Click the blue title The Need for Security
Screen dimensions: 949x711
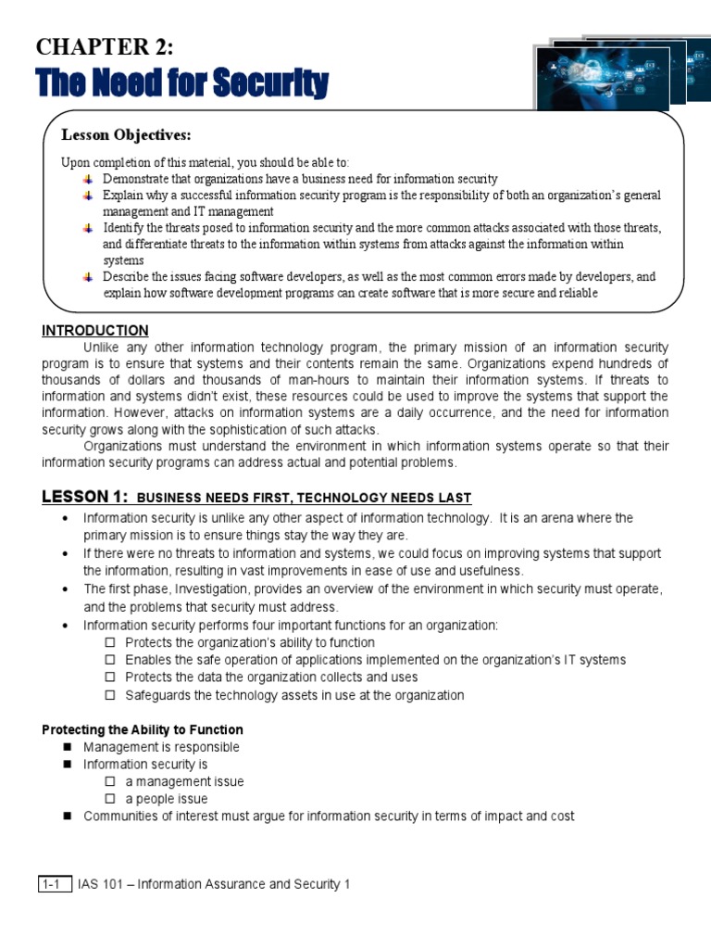point(182,85)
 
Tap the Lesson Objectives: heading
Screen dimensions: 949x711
point(126,136)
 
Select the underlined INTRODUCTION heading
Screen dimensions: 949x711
point(95,331)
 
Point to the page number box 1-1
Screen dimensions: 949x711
point(54,884)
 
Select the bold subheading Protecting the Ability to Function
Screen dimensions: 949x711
point(143,729)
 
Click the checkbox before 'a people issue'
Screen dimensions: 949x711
point(109,799)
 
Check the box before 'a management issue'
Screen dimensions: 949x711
point(109,781)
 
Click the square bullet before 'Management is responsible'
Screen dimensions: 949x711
point(68,747)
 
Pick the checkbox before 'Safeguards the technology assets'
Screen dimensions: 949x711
point(109,695)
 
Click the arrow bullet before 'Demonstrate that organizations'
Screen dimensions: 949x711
point(88,178)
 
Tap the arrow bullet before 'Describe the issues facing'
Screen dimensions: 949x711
point(88,276)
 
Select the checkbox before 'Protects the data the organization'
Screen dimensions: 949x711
point(109,677)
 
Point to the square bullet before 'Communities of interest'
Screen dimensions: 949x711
point(68,816)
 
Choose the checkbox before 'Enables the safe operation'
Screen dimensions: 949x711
point(109,660)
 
